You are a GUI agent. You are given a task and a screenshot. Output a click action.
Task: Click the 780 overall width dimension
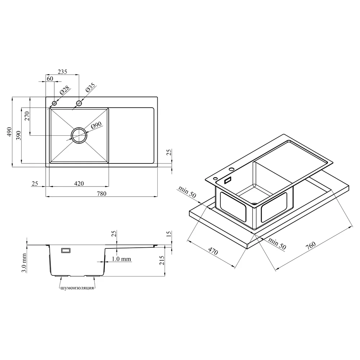click(x=102, y=194)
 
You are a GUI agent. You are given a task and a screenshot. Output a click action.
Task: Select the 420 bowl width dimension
click(x=79, y=184)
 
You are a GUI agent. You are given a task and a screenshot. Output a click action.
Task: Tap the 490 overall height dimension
click(x=9, y=132)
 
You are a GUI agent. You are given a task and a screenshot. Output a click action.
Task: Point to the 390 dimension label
click(x=19, y=135)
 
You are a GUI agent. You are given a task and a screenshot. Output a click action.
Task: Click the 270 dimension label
click(x=27, y=116)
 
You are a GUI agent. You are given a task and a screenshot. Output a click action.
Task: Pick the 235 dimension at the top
click(x=62, y=72)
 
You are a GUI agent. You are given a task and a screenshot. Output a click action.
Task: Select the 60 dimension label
click(x=50, y=78)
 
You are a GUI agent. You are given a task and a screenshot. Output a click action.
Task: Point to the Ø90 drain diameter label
click(x=96, y=125)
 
